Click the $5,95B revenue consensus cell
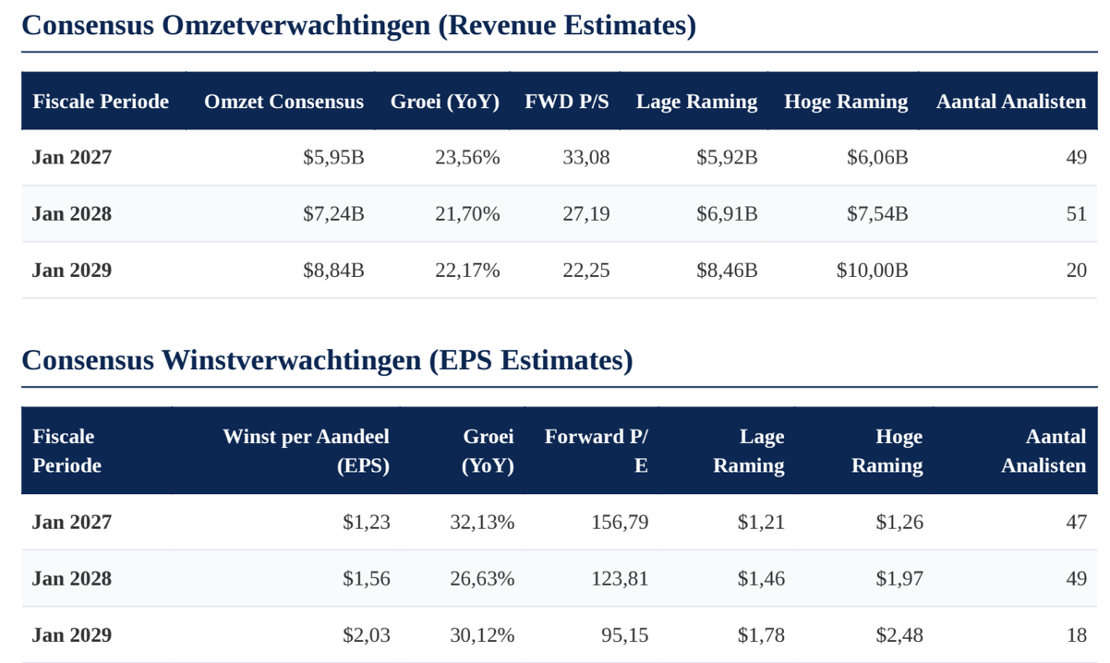click(333, 158)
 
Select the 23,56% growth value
click(467, 158)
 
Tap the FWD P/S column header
click(567, 102)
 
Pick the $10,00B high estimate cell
click(872, 271)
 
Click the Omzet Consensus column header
click(284, 102)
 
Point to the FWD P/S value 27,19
click(586, 214)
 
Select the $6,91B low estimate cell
click(727, 214)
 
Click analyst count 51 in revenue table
click(1077, 214)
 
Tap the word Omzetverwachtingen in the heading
click(296, 25)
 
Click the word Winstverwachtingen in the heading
click(291, 360)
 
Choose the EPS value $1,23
click(367, 523)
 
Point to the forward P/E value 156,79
click(620, 523)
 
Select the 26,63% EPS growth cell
click(482, 579)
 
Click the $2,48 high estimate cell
click(899, 635)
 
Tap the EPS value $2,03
click(367, 635)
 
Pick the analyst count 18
click(1077, 635)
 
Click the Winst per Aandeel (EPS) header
click(307, 452)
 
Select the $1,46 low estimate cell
click(761, 579)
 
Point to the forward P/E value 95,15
click(625, 635)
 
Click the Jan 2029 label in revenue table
click(72, 271)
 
